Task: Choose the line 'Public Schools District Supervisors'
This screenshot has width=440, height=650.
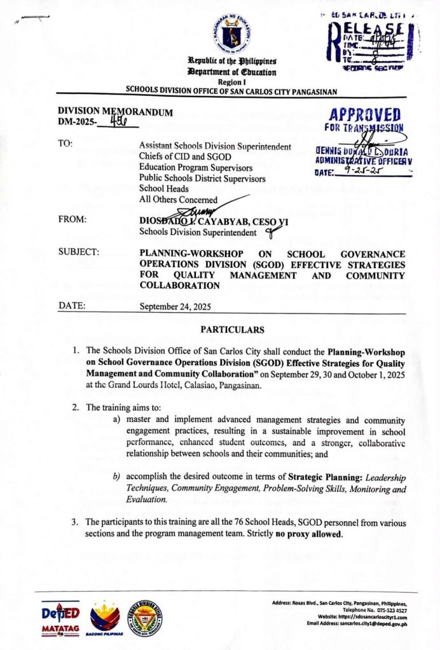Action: (x=202, y=178)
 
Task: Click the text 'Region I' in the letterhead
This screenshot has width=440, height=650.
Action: (x=231, y=83)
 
